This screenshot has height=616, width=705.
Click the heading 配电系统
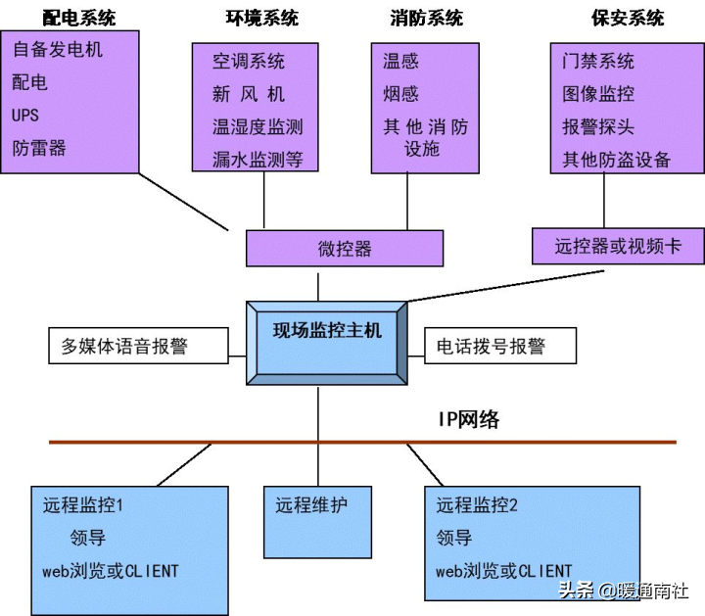pos(79,18)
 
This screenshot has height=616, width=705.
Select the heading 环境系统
pos(262,18)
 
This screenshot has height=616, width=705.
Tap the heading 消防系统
pos(426,18)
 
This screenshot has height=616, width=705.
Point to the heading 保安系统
pos(628,18)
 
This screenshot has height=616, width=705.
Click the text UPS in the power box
pos(25,116)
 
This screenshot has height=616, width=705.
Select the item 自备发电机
pos(58,50)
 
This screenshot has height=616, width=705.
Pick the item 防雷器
pos(39,148)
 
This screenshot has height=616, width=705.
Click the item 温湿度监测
pos(258,126)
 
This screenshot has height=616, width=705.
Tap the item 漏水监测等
pos(258,160)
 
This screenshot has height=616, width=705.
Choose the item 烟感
pos(400,94)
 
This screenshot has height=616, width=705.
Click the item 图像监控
pos(598,94)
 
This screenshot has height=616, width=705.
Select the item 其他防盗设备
pos(617,160)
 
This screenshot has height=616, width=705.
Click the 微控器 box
pos(345,249)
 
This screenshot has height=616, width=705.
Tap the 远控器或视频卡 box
pos(618,246)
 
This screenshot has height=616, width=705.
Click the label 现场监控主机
pos(327,330)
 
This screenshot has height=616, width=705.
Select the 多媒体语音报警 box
pos(138,346)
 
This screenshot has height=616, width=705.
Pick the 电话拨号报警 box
pos(500,346)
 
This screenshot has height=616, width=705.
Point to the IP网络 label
pos(468,419)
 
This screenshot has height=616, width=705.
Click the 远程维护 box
pos(317,522)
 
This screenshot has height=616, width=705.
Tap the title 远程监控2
pos(477,505)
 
